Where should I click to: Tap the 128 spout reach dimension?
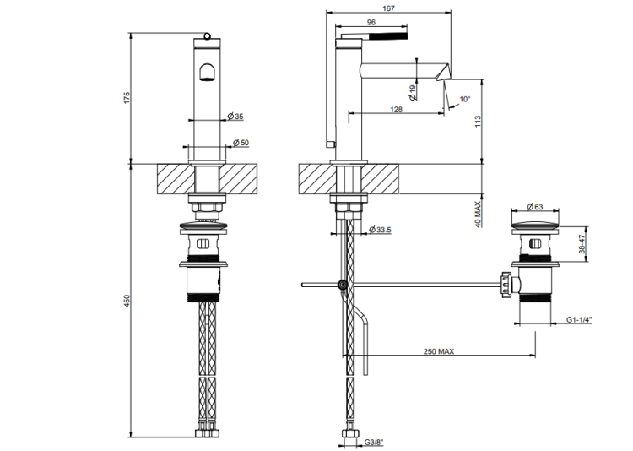tap(396, 110)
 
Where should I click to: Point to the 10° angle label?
tap(464, 99)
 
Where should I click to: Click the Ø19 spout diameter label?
tap(412, 92)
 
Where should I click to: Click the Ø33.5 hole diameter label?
tap(382, 229)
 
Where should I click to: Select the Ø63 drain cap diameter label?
tap(533, 206)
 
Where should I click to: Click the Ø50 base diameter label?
tap(241, 142)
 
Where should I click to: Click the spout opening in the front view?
tap(206, 73)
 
